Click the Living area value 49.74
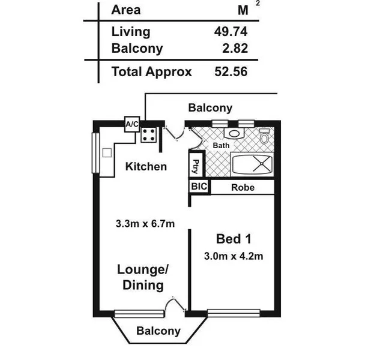(x=231, y=32)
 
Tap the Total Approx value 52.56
(x=231, y=72)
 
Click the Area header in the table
(x=126, y=10)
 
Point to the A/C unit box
(x=131, y=124)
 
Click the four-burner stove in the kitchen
(x=149, y=134)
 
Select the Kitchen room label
(x=146, y=166)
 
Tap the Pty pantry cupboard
(x=196, y=166)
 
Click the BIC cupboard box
(x=199, y=187)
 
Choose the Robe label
(x=243, y=188)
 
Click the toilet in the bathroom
(x=264, y=137)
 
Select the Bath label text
(x=222, y=146)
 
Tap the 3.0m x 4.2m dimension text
(x=234, y=256)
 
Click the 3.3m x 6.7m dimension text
(x=145, y=224)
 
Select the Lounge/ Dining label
(x=143, y=277)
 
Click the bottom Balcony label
(x=158, y=331)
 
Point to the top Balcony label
(x=210, y=108)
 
